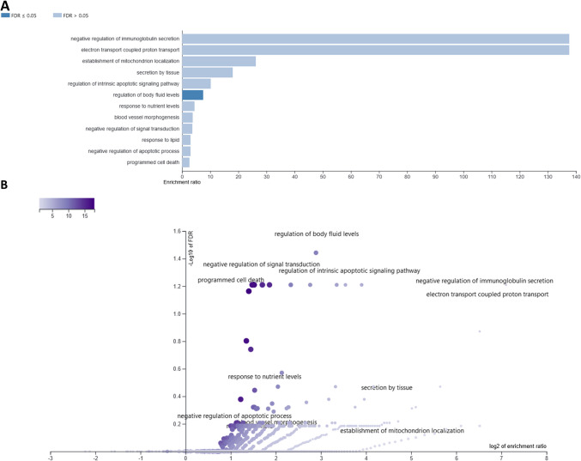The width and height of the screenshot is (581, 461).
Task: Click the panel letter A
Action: (6, 6)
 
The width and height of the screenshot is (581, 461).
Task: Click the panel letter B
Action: (6, 185)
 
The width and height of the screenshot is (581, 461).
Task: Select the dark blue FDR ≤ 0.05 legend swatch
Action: (11, 15)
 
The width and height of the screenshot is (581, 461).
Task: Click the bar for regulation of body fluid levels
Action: (192, 94)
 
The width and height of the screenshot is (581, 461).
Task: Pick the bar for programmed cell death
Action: (185, 161)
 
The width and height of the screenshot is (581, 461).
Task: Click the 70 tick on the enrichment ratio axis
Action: (378, 175)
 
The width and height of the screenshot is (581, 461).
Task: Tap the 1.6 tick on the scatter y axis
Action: (176, 232)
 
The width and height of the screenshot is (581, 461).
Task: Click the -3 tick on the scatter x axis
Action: (51, 458)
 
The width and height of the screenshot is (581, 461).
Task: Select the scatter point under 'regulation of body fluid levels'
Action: (316, 253)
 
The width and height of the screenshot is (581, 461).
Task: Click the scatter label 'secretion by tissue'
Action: (386, 387)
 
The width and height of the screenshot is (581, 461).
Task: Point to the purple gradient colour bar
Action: (66, 204)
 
